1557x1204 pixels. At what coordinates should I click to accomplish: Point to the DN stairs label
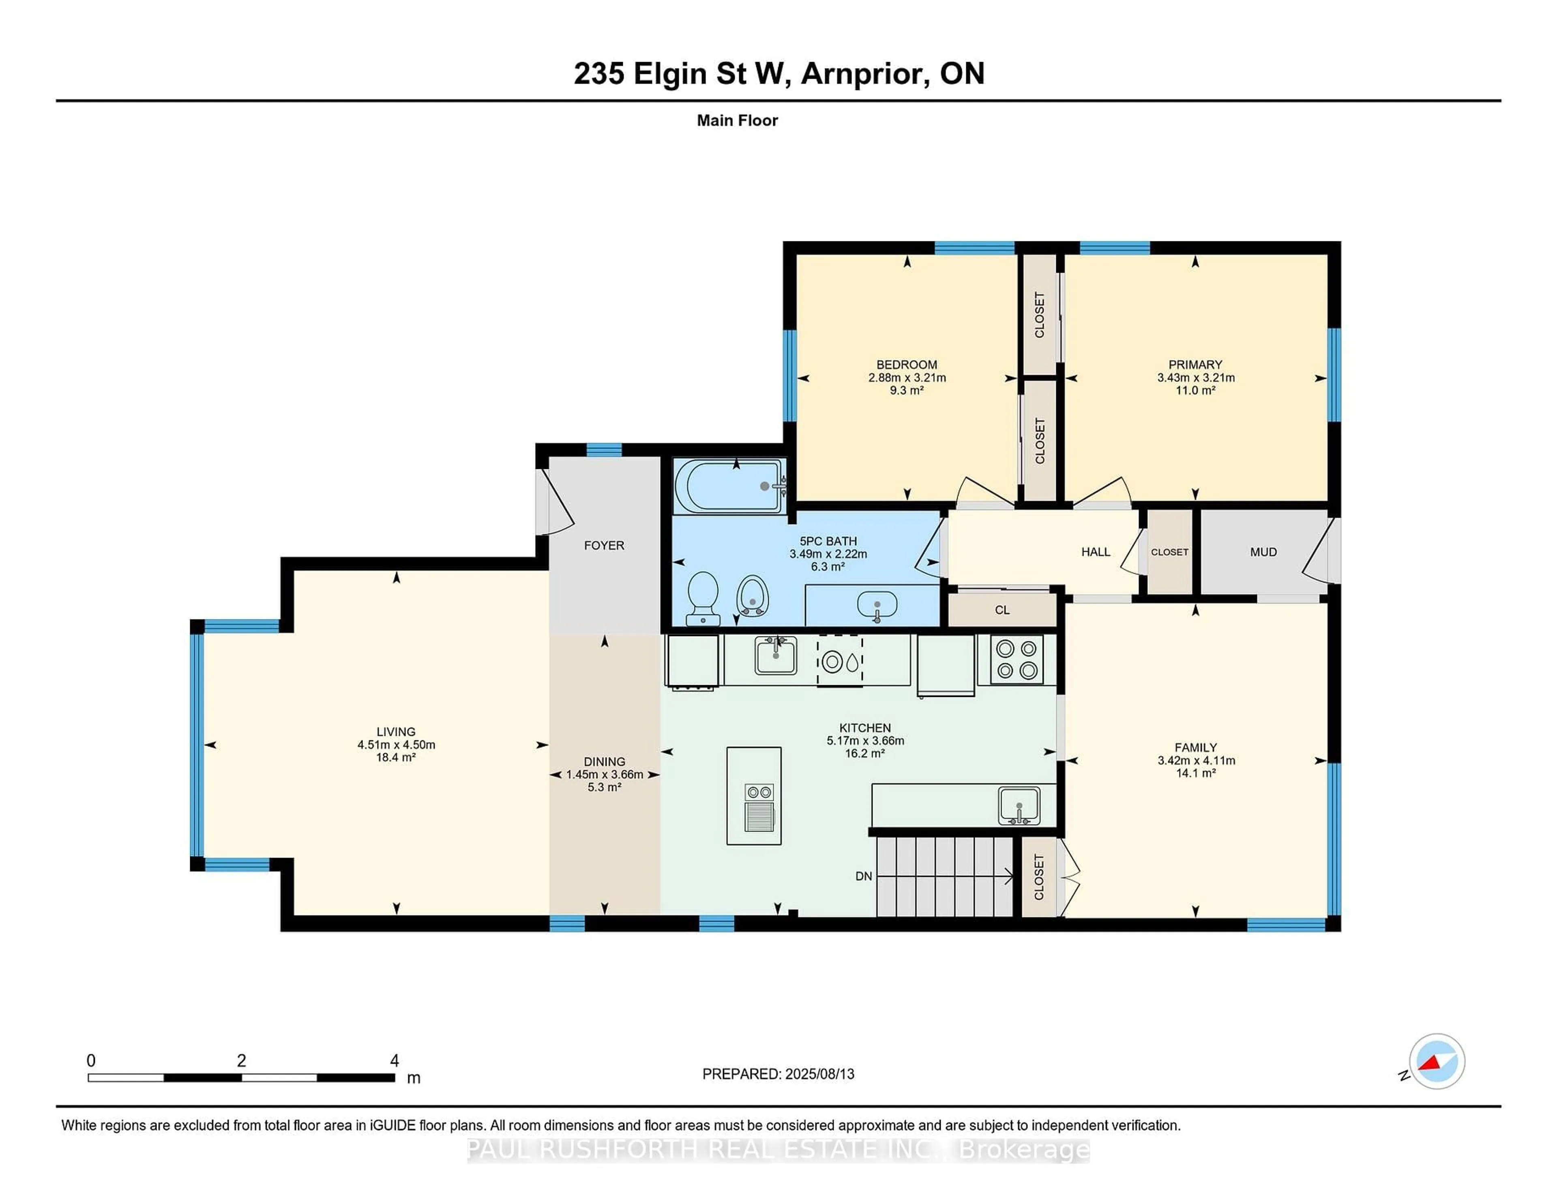coord(863,876)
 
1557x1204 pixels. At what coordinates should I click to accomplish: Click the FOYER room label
coord(604,546)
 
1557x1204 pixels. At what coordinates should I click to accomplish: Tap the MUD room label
coord(1263,552)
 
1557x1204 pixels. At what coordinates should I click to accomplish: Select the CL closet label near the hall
coord(1002,610)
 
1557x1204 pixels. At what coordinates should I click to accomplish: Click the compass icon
coord(1437,1061)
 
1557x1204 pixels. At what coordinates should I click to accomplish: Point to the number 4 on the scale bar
coord(394,1061)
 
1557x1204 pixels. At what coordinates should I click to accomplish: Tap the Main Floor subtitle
coord(737,120)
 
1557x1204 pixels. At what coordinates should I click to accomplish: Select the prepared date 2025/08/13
coord(819,1074)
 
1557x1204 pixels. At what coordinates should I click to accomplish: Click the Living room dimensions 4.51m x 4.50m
coord(397,745)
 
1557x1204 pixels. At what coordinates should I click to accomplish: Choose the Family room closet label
coord(1039,877)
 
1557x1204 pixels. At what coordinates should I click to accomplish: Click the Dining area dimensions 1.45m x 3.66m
coord(605,775)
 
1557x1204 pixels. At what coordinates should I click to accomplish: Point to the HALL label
coord(1096,552)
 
